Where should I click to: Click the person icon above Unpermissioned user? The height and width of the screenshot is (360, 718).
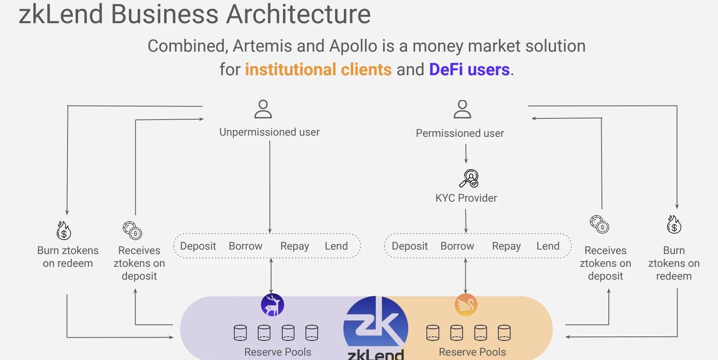(263, 109)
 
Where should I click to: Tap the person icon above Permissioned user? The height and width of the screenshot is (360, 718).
(462, 109)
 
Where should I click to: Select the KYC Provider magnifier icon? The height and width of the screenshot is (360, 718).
(469, 178)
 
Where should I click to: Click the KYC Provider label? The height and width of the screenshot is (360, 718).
(466, 198)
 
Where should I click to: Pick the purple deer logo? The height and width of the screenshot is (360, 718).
(273, 305)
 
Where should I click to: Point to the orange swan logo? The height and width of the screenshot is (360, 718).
(466, 305)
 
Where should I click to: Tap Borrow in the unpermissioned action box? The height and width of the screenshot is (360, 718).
(245, 246)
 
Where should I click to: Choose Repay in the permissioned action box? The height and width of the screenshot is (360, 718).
(506, 246)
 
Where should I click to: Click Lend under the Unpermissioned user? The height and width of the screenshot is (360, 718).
(336, 246)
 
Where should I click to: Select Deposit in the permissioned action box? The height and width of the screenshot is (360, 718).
(409, 246)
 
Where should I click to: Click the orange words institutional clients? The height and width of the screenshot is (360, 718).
(318, 70)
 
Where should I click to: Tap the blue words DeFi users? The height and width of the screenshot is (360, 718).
(469, 70)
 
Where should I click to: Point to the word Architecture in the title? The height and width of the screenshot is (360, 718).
(299, 14)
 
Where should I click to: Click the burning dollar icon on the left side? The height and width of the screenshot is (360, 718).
(64, 230)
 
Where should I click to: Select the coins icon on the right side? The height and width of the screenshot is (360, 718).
(600, 224)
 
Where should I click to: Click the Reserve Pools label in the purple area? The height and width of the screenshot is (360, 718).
(278, 352)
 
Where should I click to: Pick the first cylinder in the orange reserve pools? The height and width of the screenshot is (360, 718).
(433, 332)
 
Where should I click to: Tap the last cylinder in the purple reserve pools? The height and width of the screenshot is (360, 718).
(312, 332)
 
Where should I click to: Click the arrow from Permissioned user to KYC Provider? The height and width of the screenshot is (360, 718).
(466, 154)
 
